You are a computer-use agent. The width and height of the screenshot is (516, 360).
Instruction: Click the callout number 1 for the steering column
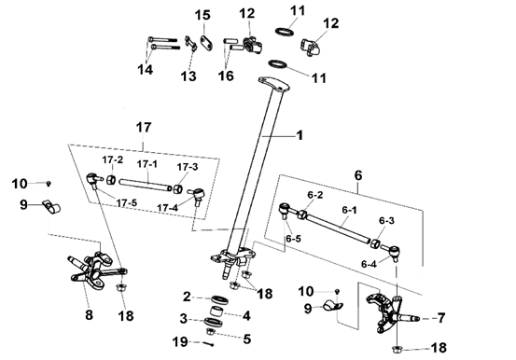click(300, 135)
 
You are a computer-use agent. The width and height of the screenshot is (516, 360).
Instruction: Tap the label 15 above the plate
click(202, 16)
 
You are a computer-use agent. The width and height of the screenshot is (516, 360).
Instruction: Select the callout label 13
click(188, 76)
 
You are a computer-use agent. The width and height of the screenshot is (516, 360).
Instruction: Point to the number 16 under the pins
click(226, 76)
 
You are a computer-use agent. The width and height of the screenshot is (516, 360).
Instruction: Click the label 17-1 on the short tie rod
click(146, 164)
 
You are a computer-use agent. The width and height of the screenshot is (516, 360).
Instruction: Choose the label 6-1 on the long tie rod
click(349, 210)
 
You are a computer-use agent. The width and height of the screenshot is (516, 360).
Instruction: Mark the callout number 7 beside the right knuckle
click(441, 318)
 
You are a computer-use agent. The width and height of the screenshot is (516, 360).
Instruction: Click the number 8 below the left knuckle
click(89, 315)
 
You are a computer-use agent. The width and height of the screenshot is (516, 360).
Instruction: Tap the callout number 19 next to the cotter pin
click(180, 342)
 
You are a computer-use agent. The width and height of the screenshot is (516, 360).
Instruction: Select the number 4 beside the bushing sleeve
click(246, 316)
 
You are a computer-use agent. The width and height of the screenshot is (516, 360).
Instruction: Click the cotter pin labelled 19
click(208, 344)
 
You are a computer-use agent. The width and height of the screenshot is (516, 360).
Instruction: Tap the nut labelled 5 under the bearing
click(210, 331)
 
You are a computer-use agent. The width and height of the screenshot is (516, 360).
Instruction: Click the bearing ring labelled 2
click(220, 299)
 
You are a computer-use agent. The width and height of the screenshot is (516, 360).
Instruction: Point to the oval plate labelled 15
click(206, 43)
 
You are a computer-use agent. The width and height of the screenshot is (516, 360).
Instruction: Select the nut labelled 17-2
click(111, 180)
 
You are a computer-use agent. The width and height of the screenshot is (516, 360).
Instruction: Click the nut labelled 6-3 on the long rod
click(375, 244)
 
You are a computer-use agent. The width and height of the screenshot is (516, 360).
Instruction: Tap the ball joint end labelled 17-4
click(198, 195)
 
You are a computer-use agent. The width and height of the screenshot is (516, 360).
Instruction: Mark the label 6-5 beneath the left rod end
click(293, 239)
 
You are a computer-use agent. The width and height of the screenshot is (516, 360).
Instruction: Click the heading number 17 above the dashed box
click(143, 128)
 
